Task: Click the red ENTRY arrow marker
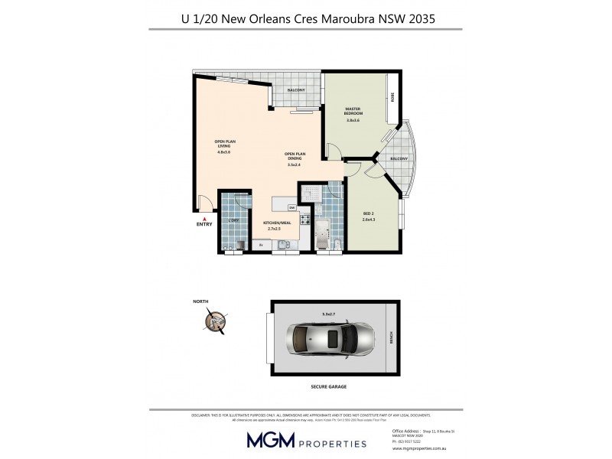(204, 219)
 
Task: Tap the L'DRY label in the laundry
(233, 222)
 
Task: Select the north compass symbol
(219, 322)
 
